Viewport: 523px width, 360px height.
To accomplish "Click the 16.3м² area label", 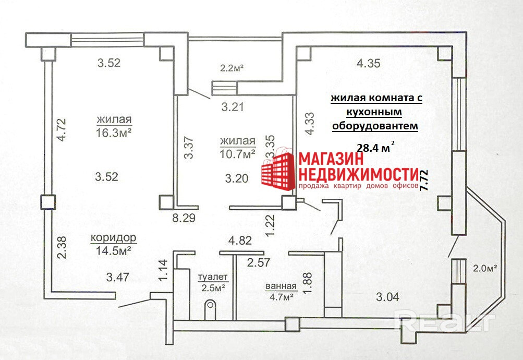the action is coord(113,133).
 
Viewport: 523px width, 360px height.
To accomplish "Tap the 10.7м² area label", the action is coord(237,154).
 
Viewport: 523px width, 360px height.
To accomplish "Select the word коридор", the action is coord(113,238).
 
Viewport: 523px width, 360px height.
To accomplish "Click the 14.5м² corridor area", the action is coord(113,250).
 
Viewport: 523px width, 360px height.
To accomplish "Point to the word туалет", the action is coord(213,277).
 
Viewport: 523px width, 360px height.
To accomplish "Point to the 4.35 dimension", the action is coord(368,64).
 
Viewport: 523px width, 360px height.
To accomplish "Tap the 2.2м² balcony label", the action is coord(232,67).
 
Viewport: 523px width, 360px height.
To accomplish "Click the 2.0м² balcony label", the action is coord(485,269).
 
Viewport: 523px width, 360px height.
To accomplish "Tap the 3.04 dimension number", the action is coord(387,297).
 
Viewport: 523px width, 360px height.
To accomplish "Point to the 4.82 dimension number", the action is coord(241,241).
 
